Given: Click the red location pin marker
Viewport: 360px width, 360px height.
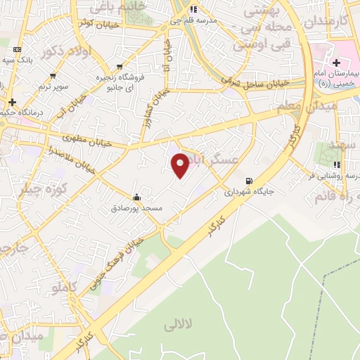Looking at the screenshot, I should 181,165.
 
